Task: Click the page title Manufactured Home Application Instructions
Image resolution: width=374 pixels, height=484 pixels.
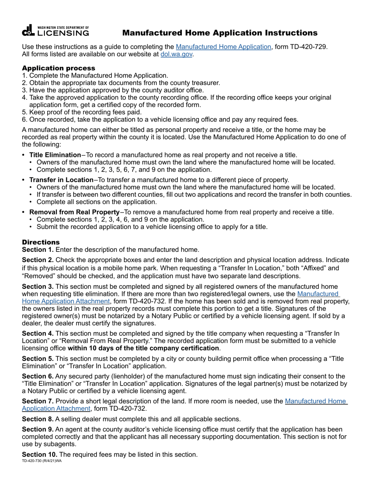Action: [220, 33]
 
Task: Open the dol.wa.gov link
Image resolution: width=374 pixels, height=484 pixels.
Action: [176, 54]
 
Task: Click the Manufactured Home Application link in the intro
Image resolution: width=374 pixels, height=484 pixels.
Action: [223, 47]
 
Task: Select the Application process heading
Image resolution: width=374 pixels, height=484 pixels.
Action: [58, 68]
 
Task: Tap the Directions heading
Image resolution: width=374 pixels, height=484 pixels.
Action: [41, 242]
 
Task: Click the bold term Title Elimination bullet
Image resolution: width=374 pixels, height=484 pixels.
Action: [55, 155]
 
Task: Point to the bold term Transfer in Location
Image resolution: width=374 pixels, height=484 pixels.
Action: [61, 180]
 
